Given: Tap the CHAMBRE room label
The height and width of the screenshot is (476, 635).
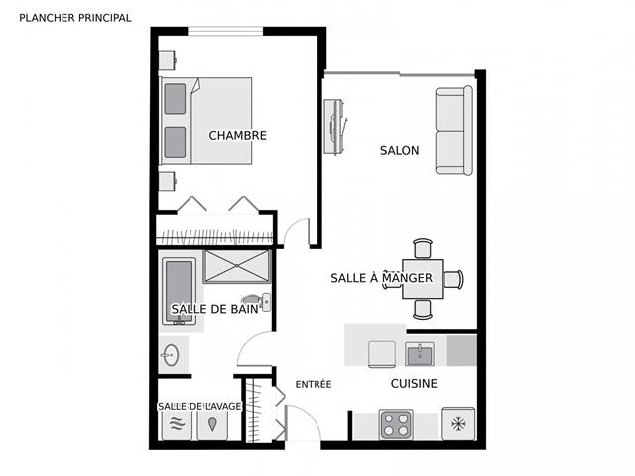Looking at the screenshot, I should click(237, 135).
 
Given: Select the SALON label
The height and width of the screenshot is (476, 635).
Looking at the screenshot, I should click(399, 151).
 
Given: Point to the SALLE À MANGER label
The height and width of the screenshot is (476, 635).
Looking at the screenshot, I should click(381, 278).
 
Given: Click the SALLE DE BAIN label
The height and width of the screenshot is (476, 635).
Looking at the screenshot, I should click(214, 309).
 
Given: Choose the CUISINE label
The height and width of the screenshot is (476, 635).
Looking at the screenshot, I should click(413, 383).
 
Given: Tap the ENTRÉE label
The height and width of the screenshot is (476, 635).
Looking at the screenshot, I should click(313, 384).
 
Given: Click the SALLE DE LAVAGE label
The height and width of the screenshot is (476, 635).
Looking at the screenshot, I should click(199, 406).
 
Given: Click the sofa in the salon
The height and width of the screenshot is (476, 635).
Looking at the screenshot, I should click(454, 130).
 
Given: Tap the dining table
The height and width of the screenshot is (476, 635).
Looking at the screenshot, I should click(422, 279).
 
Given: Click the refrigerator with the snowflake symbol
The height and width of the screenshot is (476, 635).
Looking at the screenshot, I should click(457, 424).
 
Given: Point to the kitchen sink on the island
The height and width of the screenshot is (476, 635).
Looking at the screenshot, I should click(420, 353).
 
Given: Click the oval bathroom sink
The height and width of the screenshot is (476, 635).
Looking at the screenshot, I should click(169, 354).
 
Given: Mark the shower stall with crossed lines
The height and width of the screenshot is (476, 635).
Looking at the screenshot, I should click(237, 266).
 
